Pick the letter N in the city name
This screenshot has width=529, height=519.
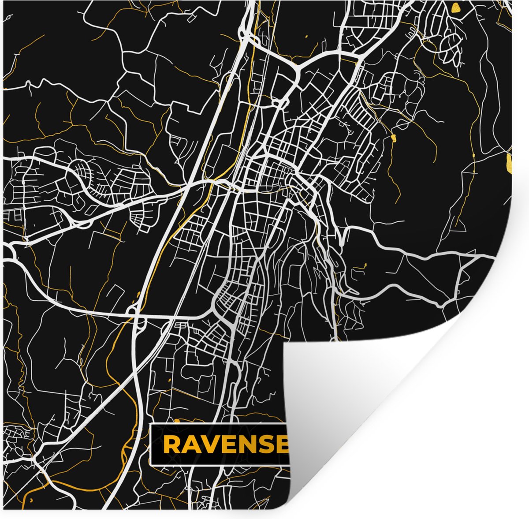point(249,445)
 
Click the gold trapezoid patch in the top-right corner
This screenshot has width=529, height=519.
point(455,7)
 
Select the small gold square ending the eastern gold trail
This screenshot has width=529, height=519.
point(393,138)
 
